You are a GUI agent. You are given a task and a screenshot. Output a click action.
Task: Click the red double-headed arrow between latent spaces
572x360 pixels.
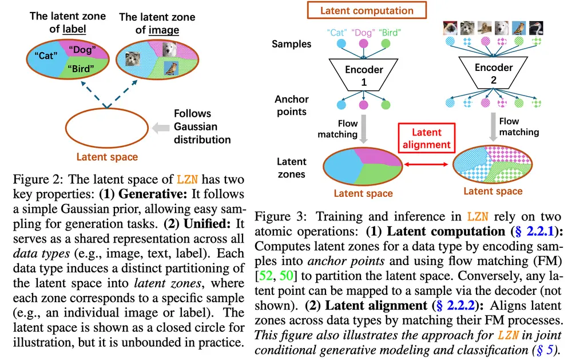point(423,165)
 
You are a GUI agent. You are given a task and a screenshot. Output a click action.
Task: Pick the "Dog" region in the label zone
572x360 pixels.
point(84,49)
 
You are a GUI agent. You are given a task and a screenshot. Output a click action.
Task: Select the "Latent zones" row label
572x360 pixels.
point(292,167)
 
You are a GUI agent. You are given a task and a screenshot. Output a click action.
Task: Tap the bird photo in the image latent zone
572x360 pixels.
point(170,69)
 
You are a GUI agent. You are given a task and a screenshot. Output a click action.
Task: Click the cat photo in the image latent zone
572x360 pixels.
point(134,60)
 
